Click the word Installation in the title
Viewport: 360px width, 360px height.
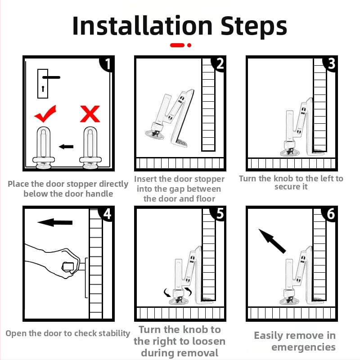(143, 26)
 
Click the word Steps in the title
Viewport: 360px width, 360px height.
(254, 27)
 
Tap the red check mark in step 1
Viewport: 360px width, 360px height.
(45, 114)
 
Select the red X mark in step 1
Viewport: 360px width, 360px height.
(90, 114)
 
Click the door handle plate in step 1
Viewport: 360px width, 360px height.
(43, 84)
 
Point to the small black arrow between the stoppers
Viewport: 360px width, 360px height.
(66, 147)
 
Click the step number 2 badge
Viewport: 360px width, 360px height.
(219, 64)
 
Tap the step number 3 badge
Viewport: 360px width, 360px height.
(330, 64)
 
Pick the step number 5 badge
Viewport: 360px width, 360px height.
(219, 214)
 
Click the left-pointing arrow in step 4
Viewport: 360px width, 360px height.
(55, 222)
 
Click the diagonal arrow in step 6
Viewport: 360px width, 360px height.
(272, 241)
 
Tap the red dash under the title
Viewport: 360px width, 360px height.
(177, 45)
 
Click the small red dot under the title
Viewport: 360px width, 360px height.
(189, 45)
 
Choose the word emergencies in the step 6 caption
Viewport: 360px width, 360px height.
(303, 347)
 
